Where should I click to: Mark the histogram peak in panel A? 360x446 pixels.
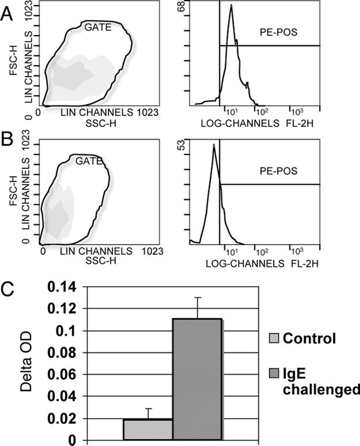(231, 6)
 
